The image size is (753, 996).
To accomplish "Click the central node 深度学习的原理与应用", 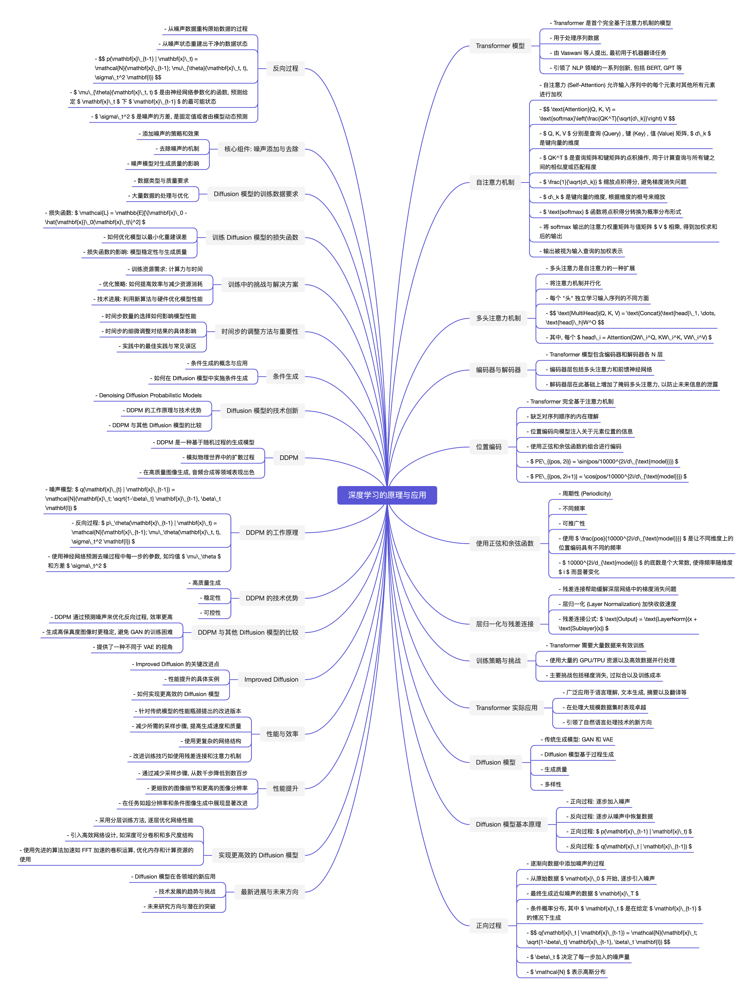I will tap(387, 495).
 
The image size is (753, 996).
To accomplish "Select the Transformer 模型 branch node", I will tap(500, 46).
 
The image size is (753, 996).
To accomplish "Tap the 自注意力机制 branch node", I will tap(495, 182).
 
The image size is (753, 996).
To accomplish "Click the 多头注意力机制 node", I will tap(498, 318).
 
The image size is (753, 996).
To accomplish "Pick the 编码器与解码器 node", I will tap(498, 370).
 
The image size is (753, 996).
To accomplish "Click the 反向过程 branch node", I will tap(286, 68).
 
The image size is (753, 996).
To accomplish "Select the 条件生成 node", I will tap(286, 376).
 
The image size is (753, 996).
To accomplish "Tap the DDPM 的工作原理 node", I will tap(272, 532).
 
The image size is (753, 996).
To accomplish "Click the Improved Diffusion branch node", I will tap(271, 679).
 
